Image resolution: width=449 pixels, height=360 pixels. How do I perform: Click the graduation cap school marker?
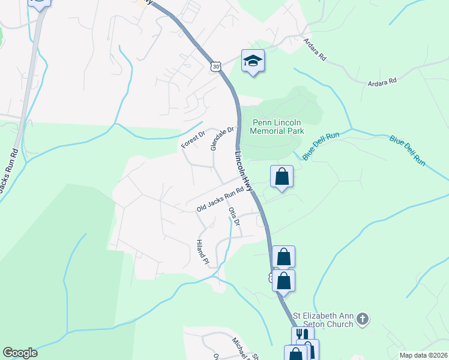pos(253,61)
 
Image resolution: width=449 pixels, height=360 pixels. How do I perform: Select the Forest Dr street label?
pos(193,140)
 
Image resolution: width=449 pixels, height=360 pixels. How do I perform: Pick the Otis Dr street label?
pos(235,217)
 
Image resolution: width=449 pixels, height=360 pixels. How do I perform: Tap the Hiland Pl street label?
pos(202,252)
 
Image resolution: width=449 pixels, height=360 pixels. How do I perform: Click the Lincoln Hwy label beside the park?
pos(244,170)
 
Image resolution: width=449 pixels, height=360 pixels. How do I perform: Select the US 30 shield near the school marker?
pos(215,67)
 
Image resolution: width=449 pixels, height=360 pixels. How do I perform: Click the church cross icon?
pos(362,319)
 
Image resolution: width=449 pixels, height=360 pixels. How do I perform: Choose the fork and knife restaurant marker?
pos(303,335)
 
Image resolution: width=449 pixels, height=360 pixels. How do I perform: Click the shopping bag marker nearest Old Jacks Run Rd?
pos(282,176)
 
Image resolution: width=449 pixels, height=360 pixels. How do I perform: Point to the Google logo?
pos(20,353)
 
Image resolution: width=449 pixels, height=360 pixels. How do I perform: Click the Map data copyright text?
pos(424,355)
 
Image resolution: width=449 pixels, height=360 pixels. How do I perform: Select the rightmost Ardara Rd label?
pos(382,80)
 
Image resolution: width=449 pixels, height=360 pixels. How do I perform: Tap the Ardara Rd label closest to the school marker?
pos(315,49)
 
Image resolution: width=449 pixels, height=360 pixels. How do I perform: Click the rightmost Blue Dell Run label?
pos(407,150)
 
